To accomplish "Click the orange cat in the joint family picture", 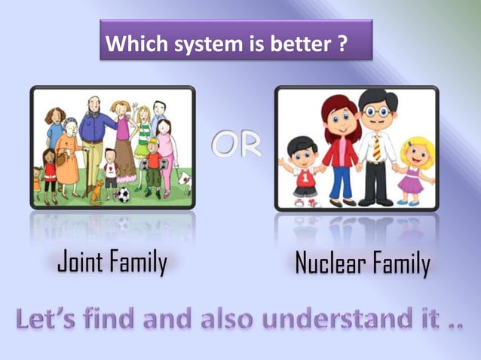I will point(97,194).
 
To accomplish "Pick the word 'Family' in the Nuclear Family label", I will point(400,264).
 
